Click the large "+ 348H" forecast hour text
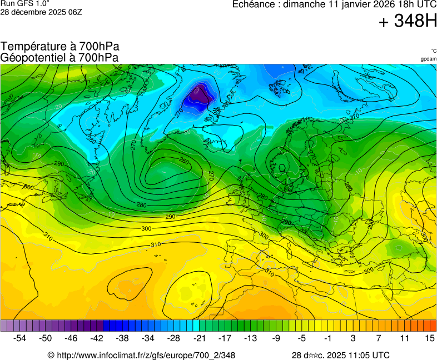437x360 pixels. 408,21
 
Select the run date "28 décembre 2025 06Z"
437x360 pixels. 42,12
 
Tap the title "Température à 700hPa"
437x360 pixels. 59,47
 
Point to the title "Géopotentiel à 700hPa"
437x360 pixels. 59,57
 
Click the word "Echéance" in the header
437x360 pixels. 254,4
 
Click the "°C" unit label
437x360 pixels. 433,51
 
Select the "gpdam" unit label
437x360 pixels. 428,58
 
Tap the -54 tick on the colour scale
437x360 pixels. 20,338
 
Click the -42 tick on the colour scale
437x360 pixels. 97,338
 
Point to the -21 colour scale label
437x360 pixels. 199,338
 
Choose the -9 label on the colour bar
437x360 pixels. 276,338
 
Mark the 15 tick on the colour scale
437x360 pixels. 430,338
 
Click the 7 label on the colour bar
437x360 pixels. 379,338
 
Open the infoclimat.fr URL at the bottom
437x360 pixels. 145,355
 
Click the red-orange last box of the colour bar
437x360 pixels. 433,326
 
